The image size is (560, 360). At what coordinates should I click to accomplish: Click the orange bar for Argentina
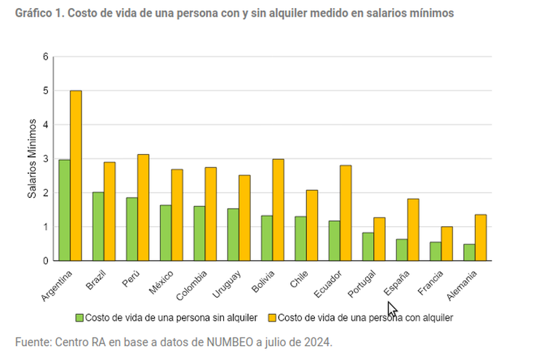pyautogui.click(x=76, y=175)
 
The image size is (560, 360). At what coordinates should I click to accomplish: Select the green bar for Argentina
pyautogui.click(x=65, y=210)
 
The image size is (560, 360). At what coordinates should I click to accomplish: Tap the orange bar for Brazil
pyautogui.click(x=109, y=211)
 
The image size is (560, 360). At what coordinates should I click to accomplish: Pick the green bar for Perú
pyautogui.click(x=132, y=229)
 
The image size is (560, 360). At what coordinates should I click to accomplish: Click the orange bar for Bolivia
pyautogui.click(x=278, y=209)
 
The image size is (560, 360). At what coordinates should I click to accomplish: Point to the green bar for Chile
pyautogui.click(x=300, y=239)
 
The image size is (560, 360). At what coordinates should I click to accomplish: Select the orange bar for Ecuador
pyautogui.click(x=345, y=212)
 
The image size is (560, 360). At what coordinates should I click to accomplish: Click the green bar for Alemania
pyautogui.click(x=469, y=252)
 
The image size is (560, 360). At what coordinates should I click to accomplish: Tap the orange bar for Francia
pyautogui.click(x=447, y=244)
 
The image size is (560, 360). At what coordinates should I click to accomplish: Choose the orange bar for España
pyautogui.click(x=413, y=230)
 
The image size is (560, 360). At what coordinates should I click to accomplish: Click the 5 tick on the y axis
pyautogui.click(x=46, y=91)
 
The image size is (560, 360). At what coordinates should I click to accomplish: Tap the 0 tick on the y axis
pyautogui.click(x=46, y=260)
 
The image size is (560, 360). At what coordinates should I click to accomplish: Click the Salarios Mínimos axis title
pyautogui.click(x=32, y=159)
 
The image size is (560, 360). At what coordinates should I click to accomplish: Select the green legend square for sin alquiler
pyautogui.click(x=79, y=318)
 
